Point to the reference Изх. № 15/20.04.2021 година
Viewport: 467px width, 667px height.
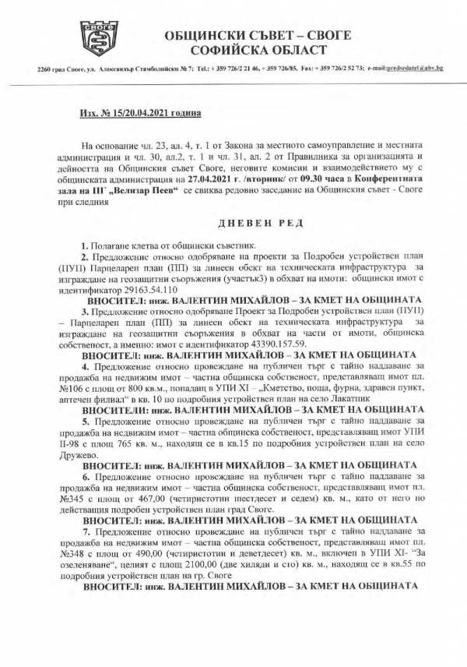click(141, 114)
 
